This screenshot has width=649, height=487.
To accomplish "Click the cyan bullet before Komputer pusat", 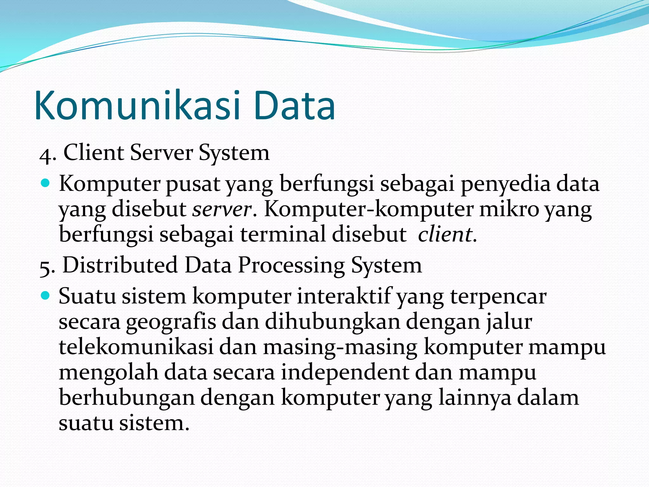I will point(46,183).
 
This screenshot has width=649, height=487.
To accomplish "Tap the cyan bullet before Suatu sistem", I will point(46,295).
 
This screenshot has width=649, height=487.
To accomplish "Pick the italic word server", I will point(222,210).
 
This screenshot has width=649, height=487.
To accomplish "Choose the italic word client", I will point(445,235).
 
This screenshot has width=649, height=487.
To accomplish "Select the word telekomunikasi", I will point(136,347).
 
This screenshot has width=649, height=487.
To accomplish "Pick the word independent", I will point(345,372).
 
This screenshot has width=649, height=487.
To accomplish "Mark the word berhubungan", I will point(126,398).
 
